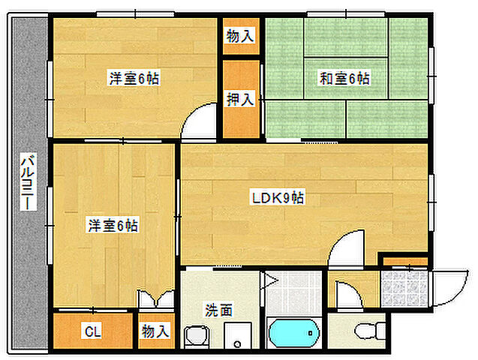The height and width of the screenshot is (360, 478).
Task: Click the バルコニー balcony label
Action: click(28, 181)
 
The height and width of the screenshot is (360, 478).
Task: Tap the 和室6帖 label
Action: click(344, 78)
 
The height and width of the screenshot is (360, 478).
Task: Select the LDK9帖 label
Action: click(278, 198)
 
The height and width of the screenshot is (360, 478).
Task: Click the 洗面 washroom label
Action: click(218, 310)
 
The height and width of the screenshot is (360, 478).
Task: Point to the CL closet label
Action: click(93, 331)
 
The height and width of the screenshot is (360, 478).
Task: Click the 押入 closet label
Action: click(240, 99)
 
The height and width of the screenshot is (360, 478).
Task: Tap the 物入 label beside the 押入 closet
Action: click(240, 36)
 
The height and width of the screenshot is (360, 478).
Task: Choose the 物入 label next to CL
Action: click(155, 331)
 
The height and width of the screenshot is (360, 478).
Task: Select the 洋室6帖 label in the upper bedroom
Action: click(134, 78)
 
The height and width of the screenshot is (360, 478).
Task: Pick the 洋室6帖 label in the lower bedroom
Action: click(113, 226)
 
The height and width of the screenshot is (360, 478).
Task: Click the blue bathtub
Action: click(294, 333)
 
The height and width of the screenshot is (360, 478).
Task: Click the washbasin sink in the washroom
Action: click(197, 336)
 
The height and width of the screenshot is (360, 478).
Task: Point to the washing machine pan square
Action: click(238, 335)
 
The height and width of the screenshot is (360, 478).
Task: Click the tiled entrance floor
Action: click(404, 289)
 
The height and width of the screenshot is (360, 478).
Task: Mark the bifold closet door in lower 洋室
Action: click(156, 298)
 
